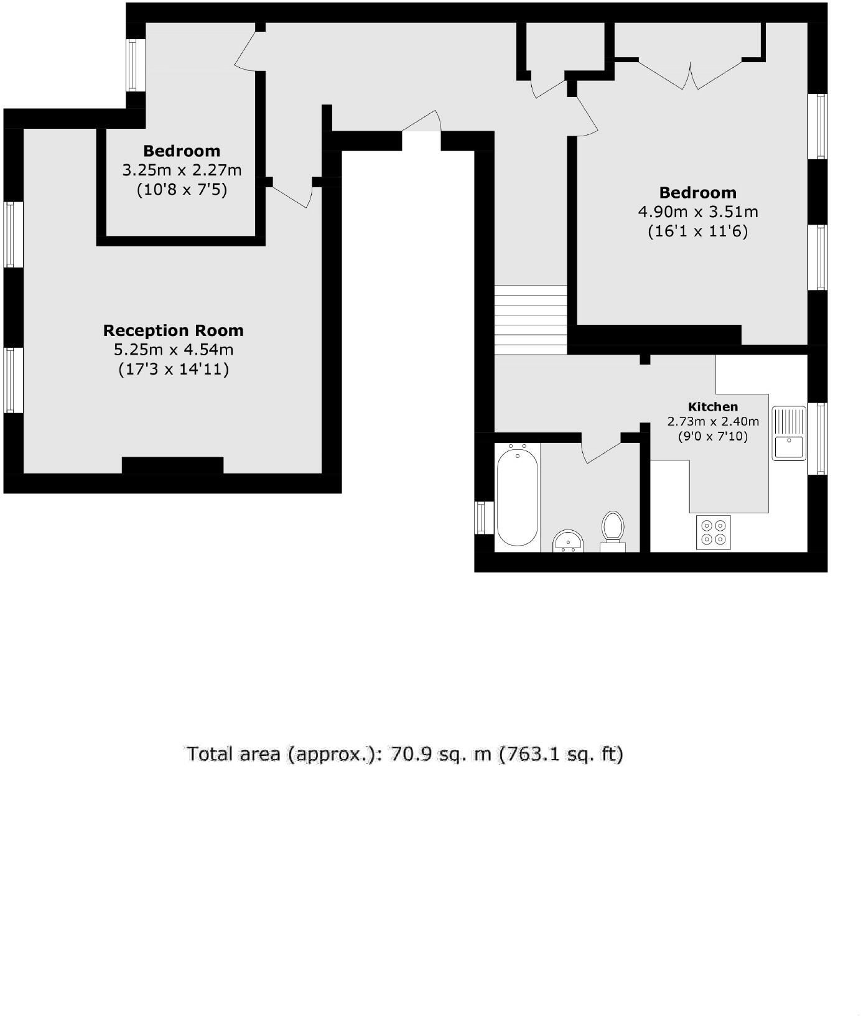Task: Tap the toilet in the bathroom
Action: (613, 528)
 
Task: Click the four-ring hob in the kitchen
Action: (714, 532)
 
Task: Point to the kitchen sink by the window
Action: (789, 433)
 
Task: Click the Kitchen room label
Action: (713, 407)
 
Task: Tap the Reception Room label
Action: (173, 330)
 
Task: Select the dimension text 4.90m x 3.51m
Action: (698, 212)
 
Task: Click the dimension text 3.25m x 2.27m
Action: (182, 170)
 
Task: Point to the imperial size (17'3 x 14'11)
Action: (174, 370)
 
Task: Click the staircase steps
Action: (531, 320)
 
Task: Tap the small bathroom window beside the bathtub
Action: (481, 517)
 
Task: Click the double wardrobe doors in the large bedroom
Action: (691, 73)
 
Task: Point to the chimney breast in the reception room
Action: (172, 465)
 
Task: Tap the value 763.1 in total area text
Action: (526, 754)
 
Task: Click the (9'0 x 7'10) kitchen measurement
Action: (713, 436)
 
